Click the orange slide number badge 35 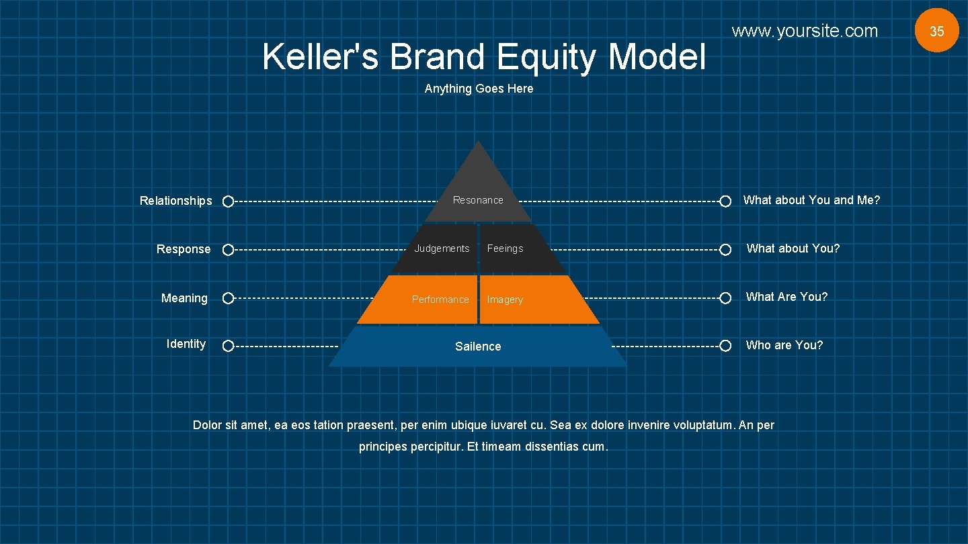pos(936,31)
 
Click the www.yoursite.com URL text pos(805,31)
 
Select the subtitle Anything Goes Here pos(479,89)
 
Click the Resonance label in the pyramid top pos(478,200)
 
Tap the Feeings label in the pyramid pos(505,248)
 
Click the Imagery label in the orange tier pos(505,300)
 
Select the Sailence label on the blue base pos(478,347)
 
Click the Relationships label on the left pos(175,201)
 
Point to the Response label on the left pos(184,249)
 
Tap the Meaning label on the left pos(184,298)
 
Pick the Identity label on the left pos(186,344)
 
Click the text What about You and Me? pos(811,200)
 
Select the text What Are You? pos(787,297)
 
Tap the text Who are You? pos(784,345)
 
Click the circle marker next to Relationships pos(228,201)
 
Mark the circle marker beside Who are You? pos(725,346)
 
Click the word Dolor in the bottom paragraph pos(207,425)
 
